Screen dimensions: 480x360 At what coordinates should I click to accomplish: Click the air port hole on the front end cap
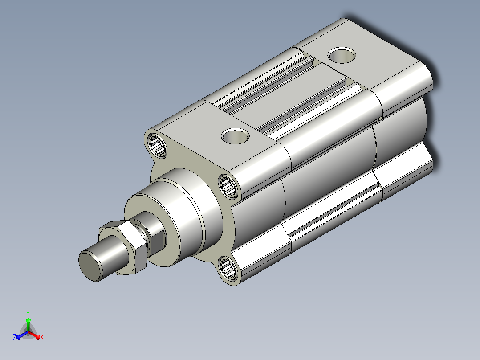coord(235,136)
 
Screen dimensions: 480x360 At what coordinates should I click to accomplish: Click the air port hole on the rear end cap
coord(342,55)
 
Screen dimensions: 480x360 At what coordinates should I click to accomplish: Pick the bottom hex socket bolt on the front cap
coord(228,268)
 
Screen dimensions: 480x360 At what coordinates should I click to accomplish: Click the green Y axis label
coord(28,314)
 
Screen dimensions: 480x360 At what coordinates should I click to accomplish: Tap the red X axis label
coord(42,337)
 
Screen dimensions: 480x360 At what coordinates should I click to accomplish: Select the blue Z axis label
coord(15,337)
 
